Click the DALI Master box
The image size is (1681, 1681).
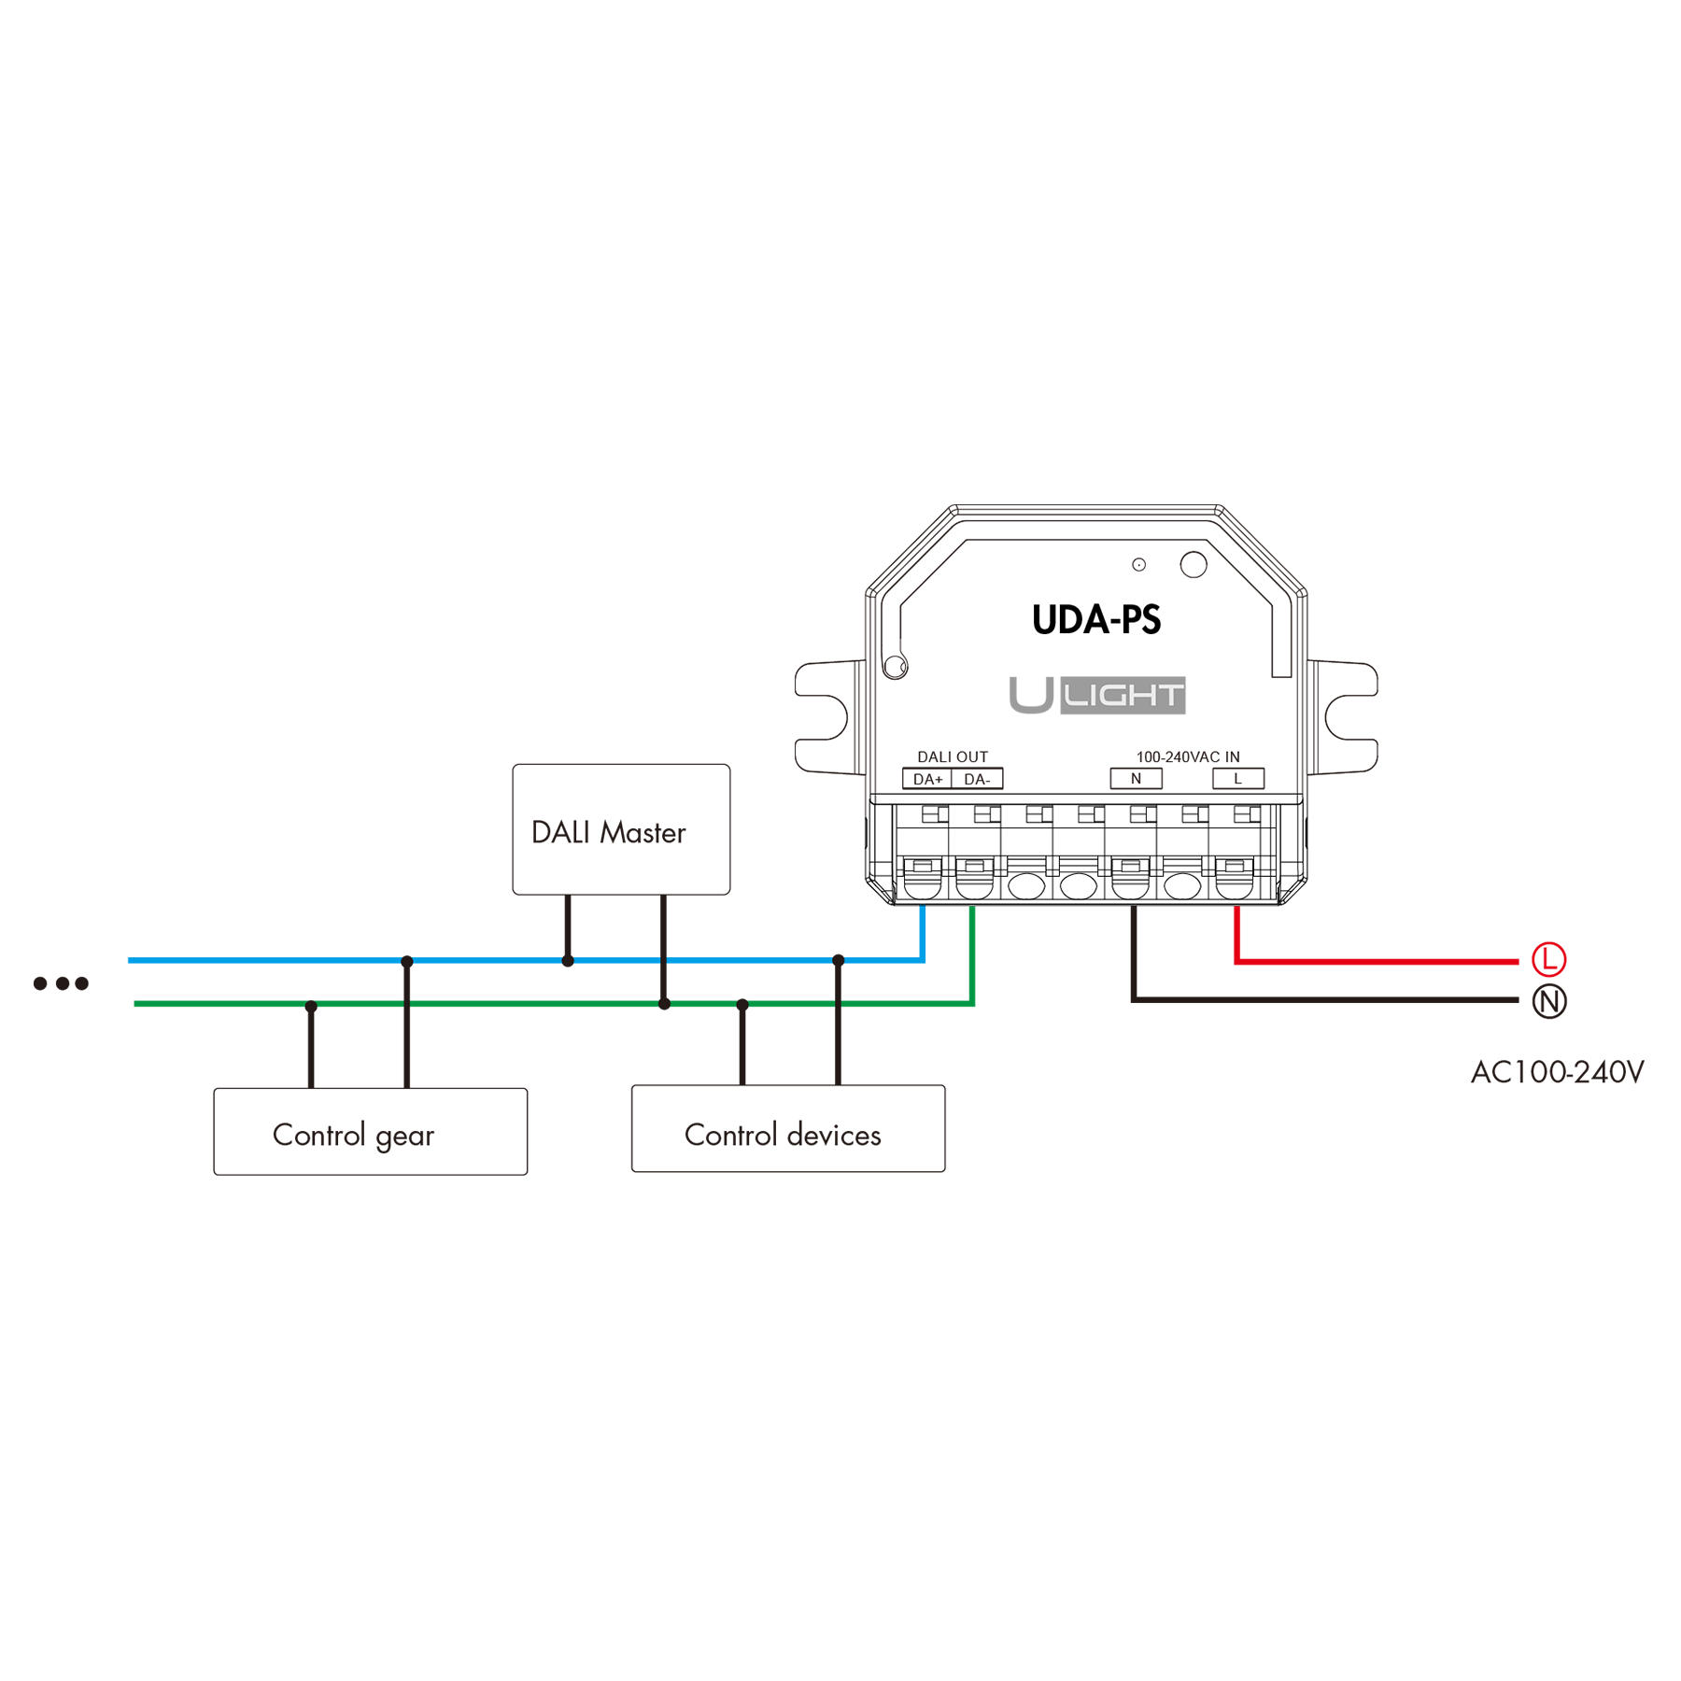(x=621, y=829)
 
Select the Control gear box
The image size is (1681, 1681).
(x=371, y=1131)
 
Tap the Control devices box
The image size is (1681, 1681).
(x=788, y=1128)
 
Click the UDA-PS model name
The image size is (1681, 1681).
(x=1096, y=620)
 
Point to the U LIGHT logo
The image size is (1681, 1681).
(x=1097, y=695)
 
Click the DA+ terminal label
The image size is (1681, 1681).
(x=927, y=779)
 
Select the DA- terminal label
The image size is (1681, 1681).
(x=977, y=779)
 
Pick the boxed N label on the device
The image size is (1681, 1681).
(x=1136, y=779)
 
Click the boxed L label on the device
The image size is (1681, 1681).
(x=1238, y=779)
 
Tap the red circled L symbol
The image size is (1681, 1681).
(x=1549, y=959)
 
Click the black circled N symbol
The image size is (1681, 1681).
(x=1549, y=1002)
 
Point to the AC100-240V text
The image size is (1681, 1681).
(x=1557, y=1072)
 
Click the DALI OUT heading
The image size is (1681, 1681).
(x=953, y=756)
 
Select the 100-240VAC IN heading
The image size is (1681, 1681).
(x=1188, y=756)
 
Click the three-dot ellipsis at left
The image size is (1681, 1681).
(x=61, y=983)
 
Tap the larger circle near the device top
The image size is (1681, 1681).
(x=1194, y=564)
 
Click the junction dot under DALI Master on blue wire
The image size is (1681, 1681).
(x=568, y=961)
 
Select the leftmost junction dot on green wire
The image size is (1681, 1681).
(x=311, y=1007)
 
